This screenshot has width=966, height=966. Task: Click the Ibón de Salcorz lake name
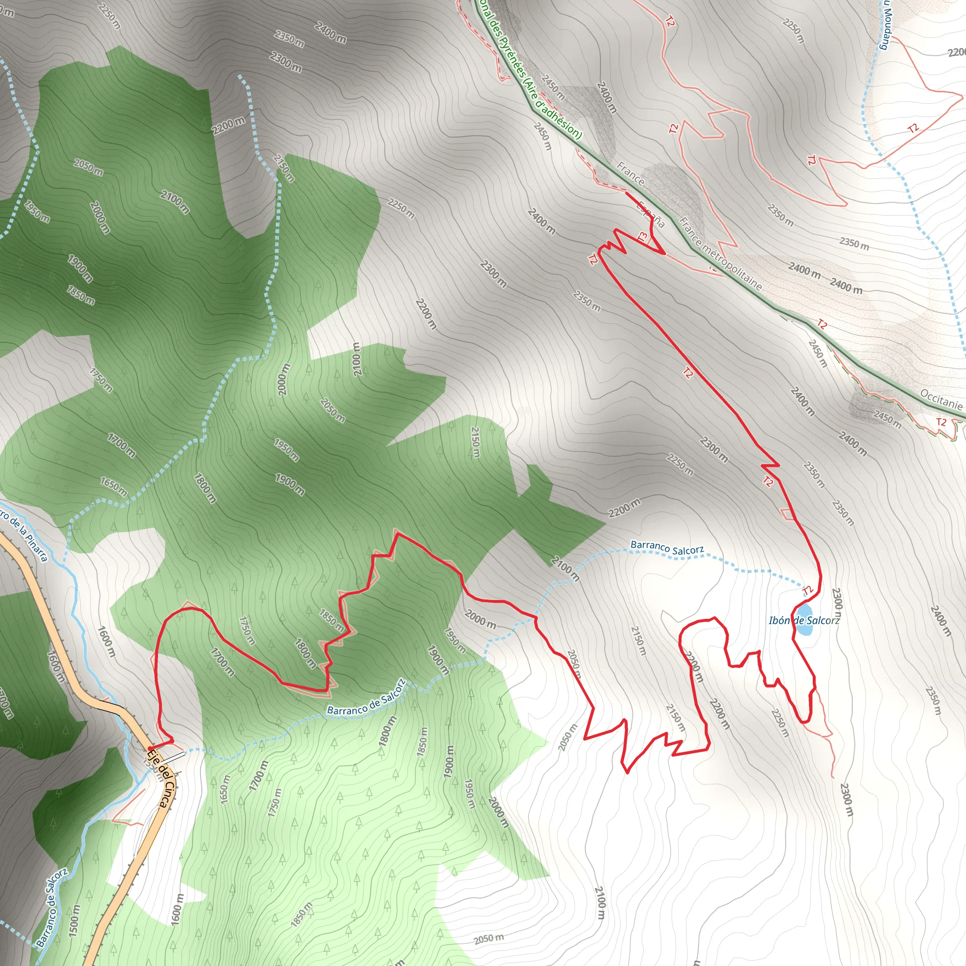(x=804, y=621)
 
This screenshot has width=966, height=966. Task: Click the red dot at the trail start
(x=150, y=748)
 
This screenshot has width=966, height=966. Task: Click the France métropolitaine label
(x=720, y=254)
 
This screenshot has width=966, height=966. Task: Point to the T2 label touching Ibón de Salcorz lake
(x=808, y=591)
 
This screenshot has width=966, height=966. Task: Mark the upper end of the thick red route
(x=626, y=192)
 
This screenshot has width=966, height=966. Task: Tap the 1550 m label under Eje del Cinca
(x=150, y=767)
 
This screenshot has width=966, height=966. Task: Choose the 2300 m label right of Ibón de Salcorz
(x=837, y=605)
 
